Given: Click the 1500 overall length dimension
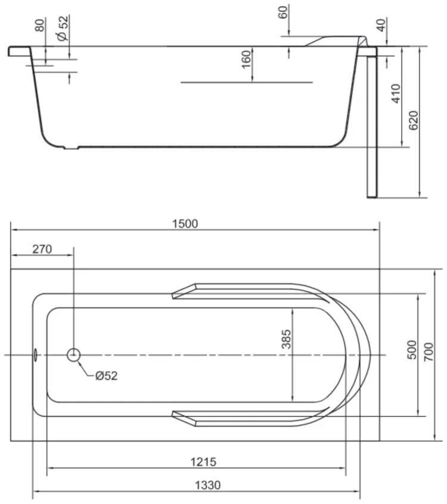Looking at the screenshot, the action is tap(185, 224).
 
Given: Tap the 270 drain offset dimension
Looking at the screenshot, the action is tap(42, 249).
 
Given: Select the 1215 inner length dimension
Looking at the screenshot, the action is tap(203, 462).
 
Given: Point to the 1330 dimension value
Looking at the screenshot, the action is tap(208, 485).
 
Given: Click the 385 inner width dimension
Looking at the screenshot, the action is tap(286, 339).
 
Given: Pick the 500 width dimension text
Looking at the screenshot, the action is tap(412, 350).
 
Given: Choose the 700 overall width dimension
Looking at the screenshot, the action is tap(429, 352).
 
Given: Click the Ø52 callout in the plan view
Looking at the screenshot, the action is tap(107, 375).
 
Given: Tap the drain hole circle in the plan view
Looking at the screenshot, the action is tap(73, 355).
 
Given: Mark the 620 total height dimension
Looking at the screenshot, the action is tap(414, 121).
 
